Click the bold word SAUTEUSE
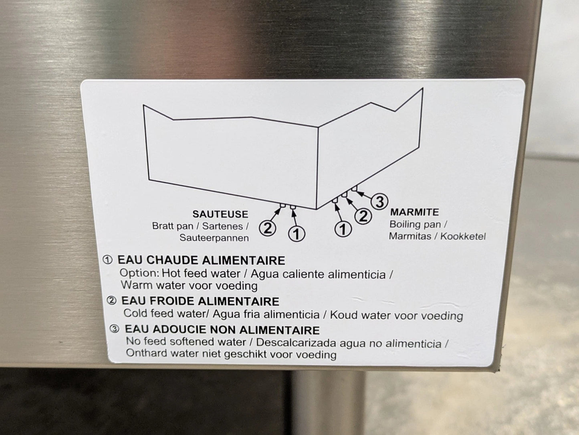[x=220, y=214]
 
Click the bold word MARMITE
[x=414, y=212]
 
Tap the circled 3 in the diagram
[x=379, y=202]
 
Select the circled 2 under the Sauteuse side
[x=268, y=228]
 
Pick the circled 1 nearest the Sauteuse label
[x=297, y=233]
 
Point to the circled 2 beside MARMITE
[x=363, y=216]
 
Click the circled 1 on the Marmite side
[x=343, y=229]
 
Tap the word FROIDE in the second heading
[x=176, y=301]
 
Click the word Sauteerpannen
[x=214, y=238]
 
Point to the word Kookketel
[x=463, y=236]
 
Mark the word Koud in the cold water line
[x=341, y=315]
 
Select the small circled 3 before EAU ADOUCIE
[x=114, y=329]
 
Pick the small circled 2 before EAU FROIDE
[x=111, y=300]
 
